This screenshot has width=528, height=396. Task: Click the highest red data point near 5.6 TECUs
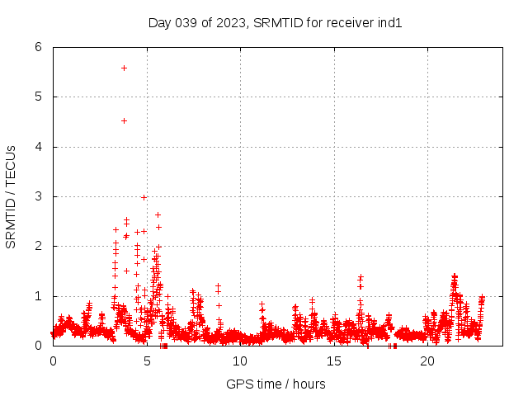[x=124, y=68]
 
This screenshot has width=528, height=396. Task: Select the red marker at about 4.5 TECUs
[x=124, y=120]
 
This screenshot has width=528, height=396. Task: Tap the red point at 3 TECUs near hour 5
[x=144, y=197]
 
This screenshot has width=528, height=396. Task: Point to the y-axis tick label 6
[x=39, y=47]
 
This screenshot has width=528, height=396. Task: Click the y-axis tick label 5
[x=39, y=97]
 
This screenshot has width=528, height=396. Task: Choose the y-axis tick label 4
[x=39, y=147]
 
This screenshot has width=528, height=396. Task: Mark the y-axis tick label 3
[x=39, y=196]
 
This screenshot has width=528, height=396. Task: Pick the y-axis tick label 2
[x=39, y=246]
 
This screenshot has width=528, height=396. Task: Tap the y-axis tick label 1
[x=39, y=296]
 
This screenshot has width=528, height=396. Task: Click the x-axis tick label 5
[x=147, y=361]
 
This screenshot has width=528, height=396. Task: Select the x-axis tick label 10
[x=240, y=361]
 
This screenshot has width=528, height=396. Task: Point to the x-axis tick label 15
[x=334, y=361]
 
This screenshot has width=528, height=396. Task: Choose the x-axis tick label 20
[x=427, y=361]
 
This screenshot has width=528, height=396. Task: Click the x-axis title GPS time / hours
[x=276, y=384]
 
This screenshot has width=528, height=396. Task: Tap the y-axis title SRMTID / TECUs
[x=12, y=196]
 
